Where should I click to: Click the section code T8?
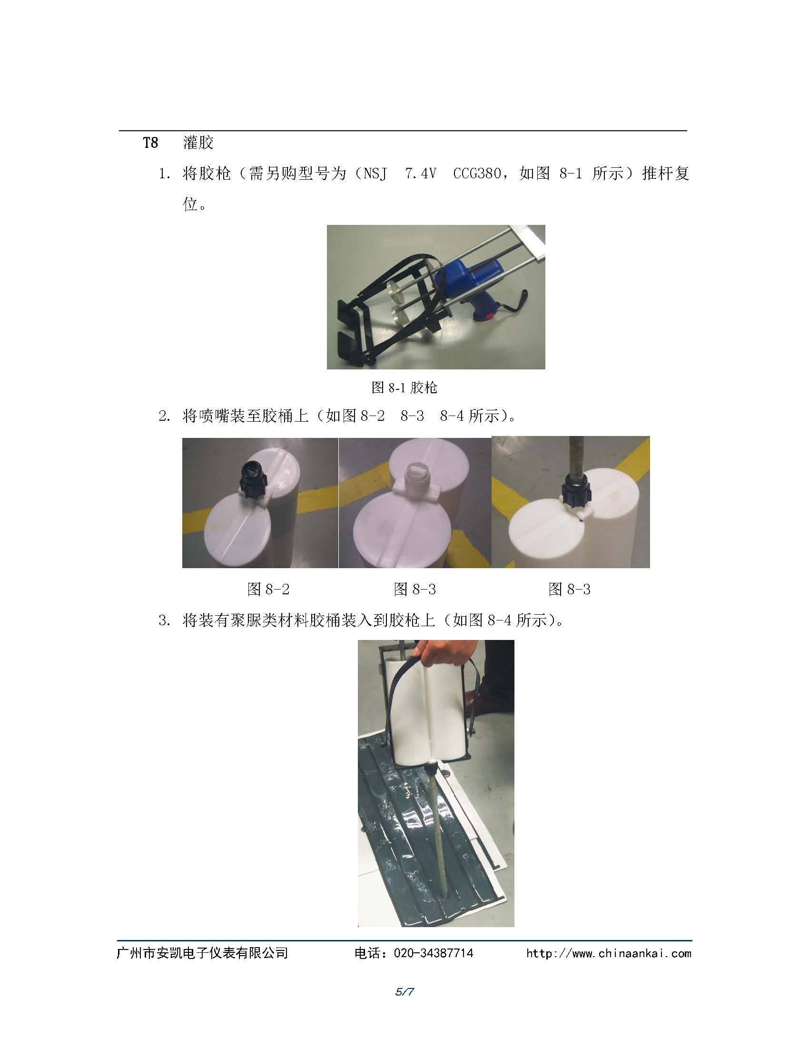pyautogui.click(x=150, y=143)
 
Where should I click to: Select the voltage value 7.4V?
pyautogui.click(x=420, y=174)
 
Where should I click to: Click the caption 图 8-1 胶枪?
pyautogui.click(x=404, y=387)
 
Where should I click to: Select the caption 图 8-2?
pyautogui.click(x=268, y=589)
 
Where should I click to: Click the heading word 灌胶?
pyautogui.click(x=198, y=143)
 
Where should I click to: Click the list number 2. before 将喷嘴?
pyautogui.click(x=164, y=416)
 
